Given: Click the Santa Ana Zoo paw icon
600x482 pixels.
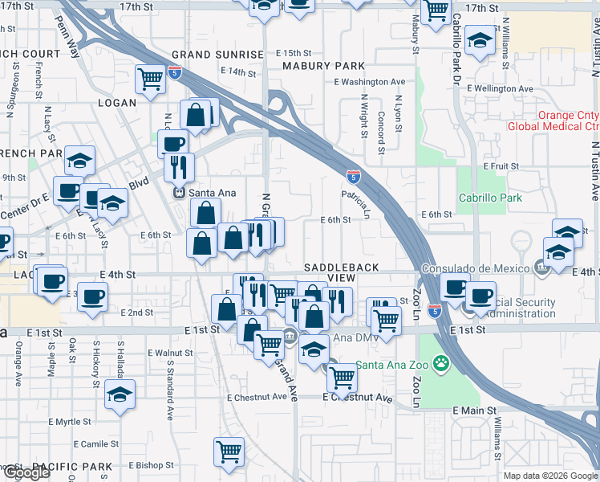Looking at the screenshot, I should [440, 364].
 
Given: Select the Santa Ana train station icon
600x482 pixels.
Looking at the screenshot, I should [180, 193].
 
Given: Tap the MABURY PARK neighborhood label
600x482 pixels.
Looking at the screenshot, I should [323, 66].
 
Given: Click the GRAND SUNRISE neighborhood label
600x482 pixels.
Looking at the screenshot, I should [217, 55].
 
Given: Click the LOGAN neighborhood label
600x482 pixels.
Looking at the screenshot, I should [118, 103].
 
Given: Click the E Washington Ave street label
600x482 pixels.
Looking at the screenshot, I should [370, 82].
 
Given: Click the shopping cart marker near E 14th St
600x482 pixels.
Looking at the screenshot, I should [150, 79].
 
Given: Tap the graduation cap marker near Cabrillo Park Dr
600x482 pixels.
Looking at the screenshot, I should [480, 41].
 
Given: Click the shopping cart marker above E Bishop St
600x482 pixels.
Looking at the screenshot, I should [229, 451].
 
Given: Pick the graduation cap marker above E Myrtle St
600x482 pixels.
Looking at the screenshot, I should [120, 394].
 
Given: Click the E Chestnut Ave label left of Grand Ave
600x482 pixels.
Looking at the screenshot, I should [257, 397].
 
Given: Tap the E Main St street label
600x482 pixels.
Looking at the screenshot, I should [471, 411].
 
